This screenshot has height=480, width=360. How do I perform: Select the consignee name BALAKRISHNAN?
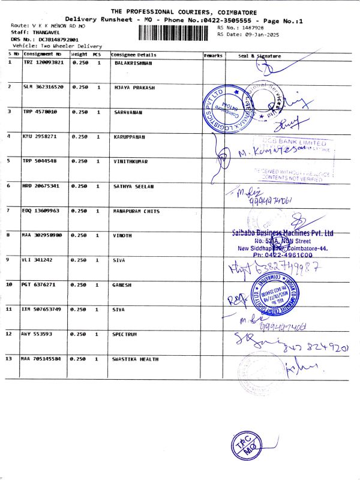[x=133, y=62]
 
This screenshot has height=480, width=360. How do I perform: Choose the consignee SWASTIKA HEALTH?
[x=135, y=359]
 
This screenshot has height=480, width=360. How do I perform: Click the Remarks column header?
[x=213, y=55]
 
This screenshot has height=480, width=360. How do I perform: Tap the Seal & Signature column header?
[x=259, y=55]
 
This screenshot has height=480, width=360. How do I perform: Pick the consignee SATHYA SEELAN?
[x=133, y=186]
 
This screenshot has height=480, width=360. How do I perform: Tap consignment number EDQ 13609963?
[x=43, y=211]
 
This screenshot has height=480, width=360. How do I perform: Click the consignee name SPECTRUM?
[x=125, y=334]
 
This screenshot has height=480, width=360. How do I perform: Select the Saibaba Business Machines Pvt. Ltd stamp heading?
[x=282, y=233]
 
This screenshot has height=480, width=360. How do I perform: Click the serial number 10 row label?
[x=9, y=284]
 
